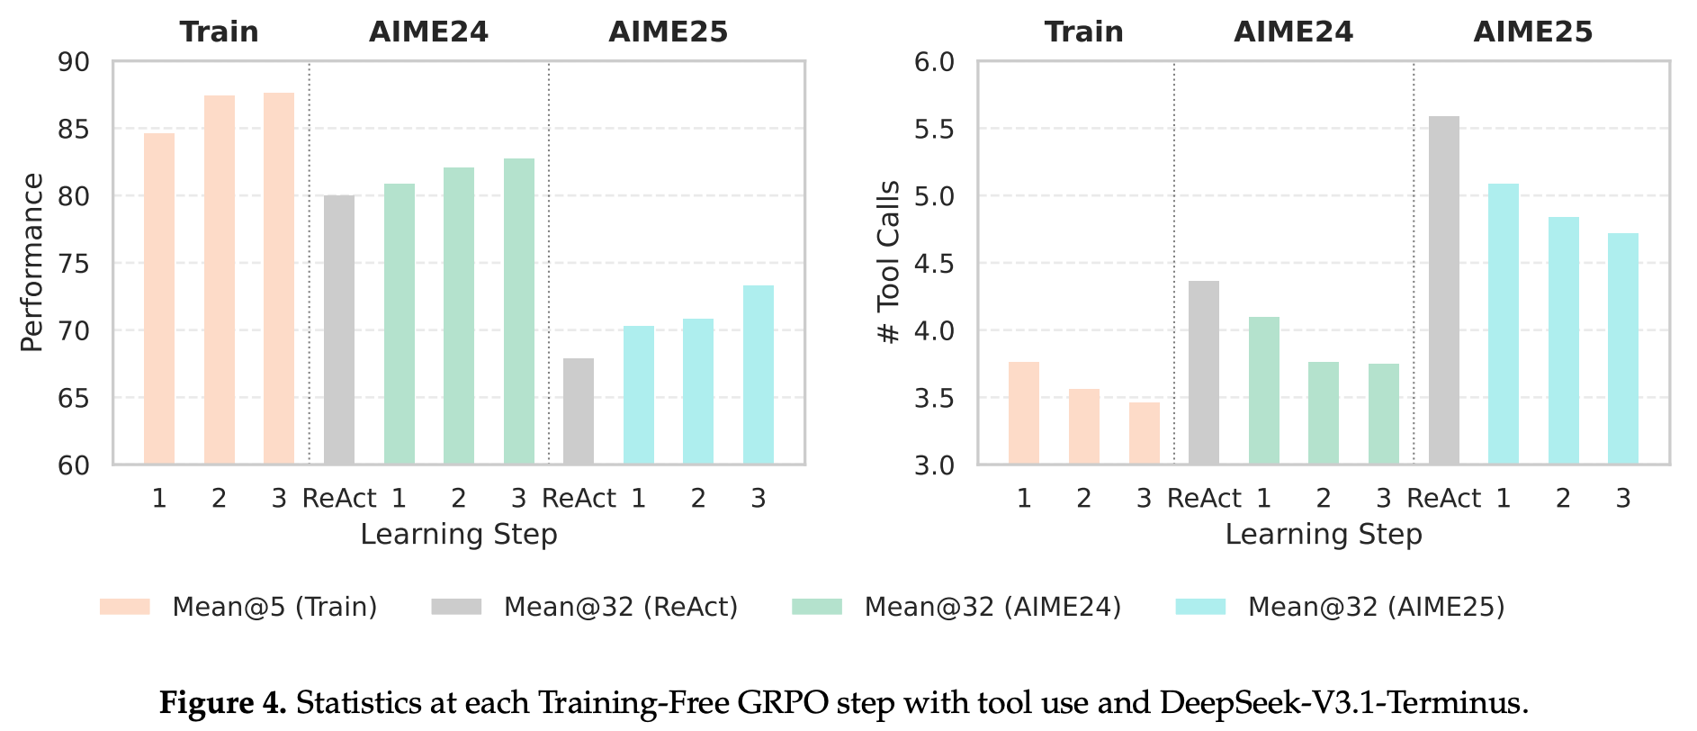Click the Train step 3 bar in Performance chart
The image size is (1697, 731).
[x=279, y=279]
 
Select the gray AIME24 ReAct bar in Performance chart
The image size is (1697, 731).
[x=339, y=329]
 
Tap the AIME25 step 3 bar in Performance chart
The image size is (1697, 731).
[x=759, y=375]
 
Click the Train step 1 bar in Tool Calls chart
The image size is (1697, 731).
[x=1024, y=413]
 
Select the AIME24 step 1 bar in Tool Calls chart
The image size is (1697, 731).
[x=1263, y=391]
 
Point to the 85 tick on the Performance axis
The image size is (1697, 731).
[x=74, y=129]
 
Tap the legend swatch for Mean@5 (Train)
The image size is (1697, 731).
[x=125, y=607]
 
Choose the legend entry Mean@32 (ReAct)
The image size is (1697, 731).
[x=620, y=607]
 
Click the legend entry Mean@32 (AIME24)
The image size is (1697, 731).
[x=992, y=607]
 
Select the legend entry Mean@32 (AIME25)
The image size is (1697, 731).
[x=1375, y=607]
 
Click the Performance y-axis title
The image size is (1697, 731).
[x=32, y=262]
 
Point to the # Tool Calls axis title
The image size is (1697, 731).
[x=889, y=262]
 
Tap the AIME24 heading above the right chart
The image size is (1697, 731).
[x=1293, y=32]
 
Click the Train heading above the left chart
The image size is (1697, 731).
[x=219, y=32]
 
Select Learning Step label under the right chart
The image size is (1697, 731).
[x=1323, y=534]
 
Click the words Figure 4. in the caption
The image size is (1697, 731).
[x=223, y=703]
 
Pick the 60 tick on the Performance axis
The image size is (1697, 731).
[x=74, y=465]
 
